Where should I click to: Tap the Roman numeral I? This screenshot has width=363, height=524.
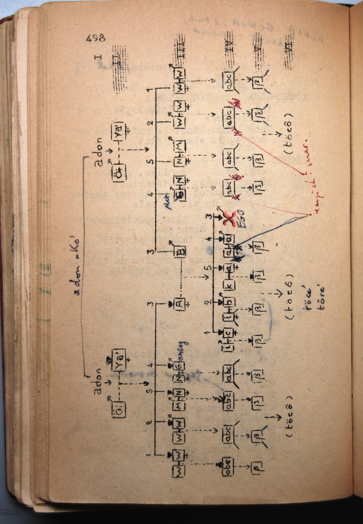98,57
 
